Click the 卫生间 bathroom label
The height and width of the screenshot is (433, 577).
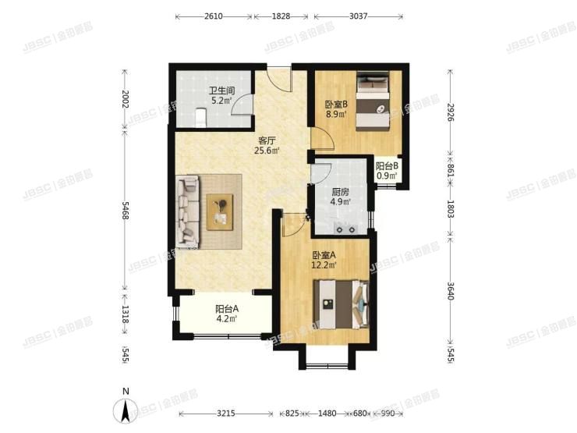[x=217, y=89]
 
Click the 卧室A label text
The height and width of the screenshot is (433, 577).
[x=324, y=255]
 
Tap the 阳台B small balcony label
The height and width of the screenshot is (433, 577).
[x=388, y=166]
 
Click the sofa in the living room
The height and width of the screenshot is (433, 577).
[x=189, y=210]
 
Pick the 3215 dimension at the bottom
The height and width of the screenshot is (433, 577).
[x=226, y=413]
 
